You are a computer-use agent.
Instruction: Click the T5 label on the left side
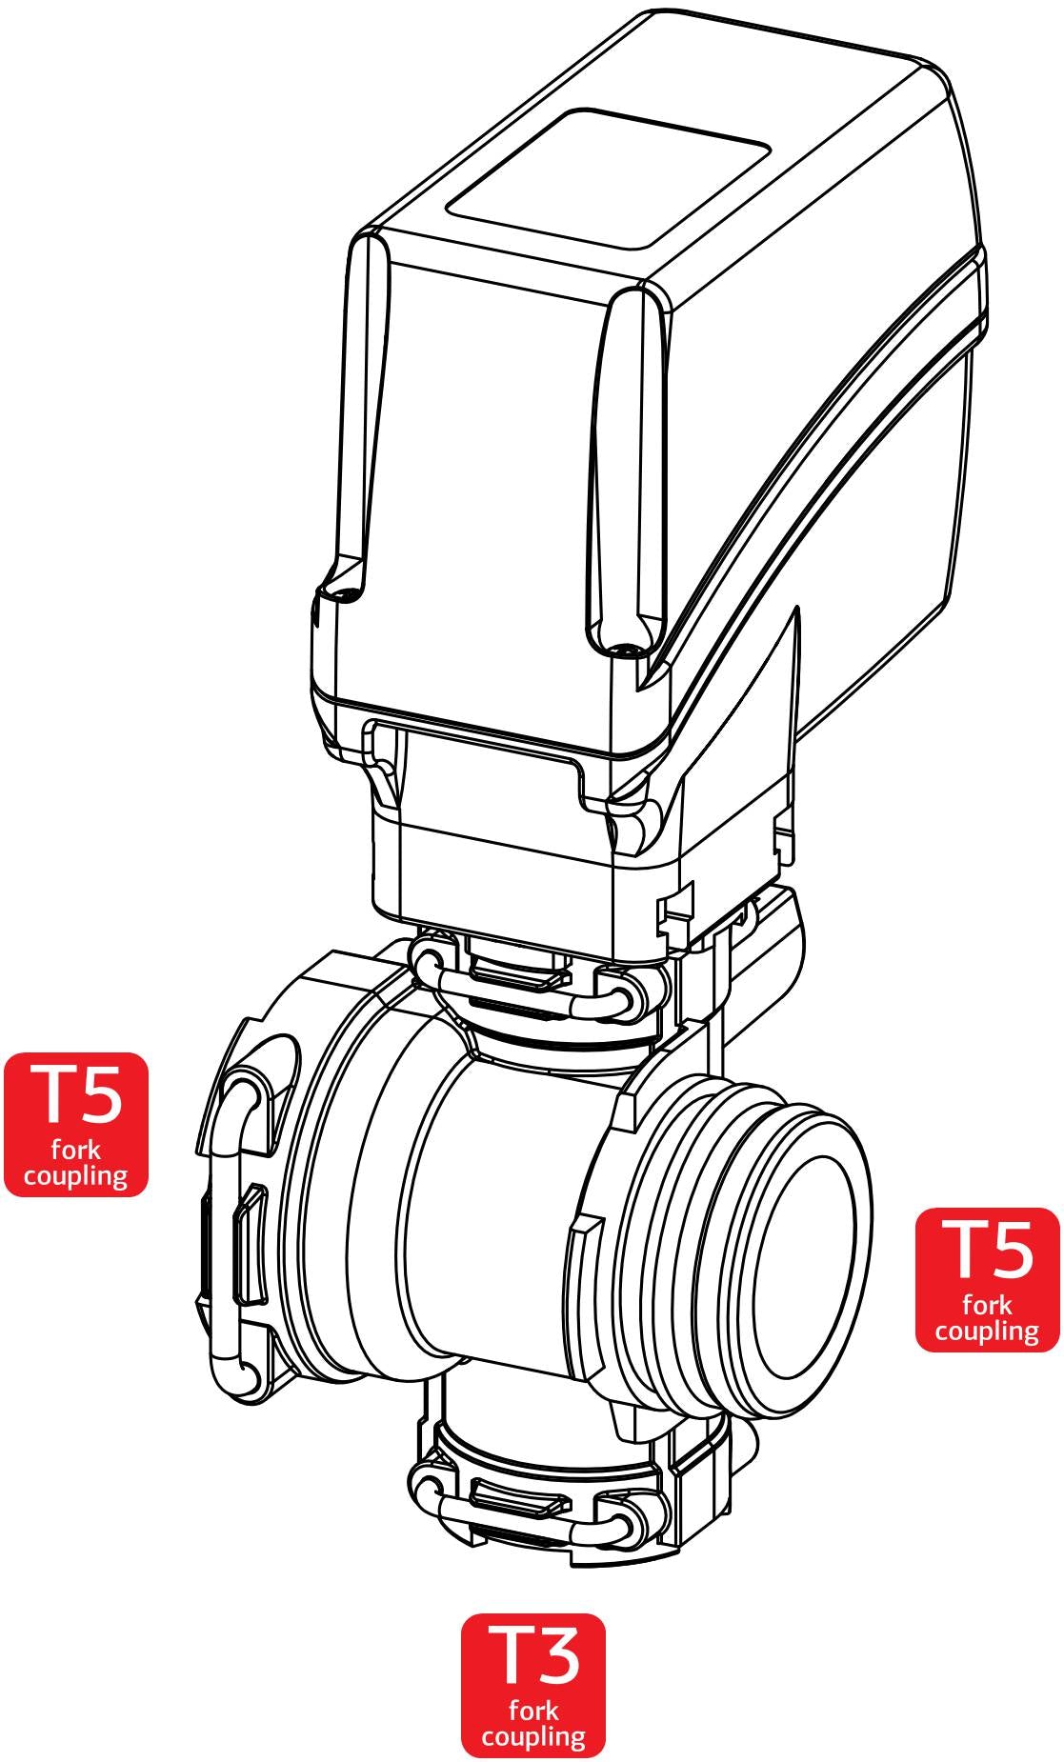76,1124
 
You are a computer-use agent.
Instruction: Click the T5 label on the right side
987,1279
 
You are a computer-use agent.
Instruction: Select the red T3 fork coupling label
533,1685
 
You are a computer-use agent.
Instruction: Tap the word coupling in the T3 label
533,1735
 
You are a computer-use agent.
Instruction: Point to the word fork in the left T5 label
76,1151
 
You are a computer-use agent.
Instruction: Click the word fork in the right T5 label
987,1305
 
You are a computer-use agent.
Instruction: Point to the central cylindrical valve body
514,1219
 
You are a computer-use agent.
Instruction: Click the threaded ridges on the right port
695,1229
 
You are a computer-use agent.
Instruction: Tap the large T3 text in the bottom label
533,1653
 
